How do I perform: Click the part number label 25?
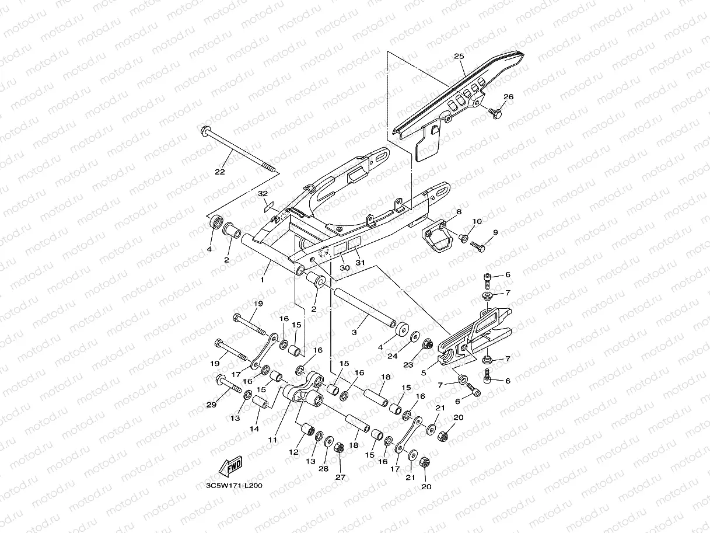(x=459, y=57)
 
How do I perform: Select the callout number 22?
(x=219, y=172)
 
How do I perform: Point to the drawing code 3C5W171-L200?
(x=229, y=485)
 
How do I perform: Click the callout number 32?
(x=263, y=193)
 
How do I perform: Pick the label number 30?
(x=344, y=267)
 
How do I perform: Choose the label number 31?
(x=361, y=262)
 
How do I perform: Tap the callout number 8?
(x=459, y=212)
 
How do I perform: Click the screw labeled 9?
(x=477, y=248)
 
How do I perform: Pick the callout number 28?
(x=324, y=469)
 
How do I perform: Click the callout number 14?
(x=254, y=429)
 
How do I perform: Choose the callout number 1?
(x=262, y=280)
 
